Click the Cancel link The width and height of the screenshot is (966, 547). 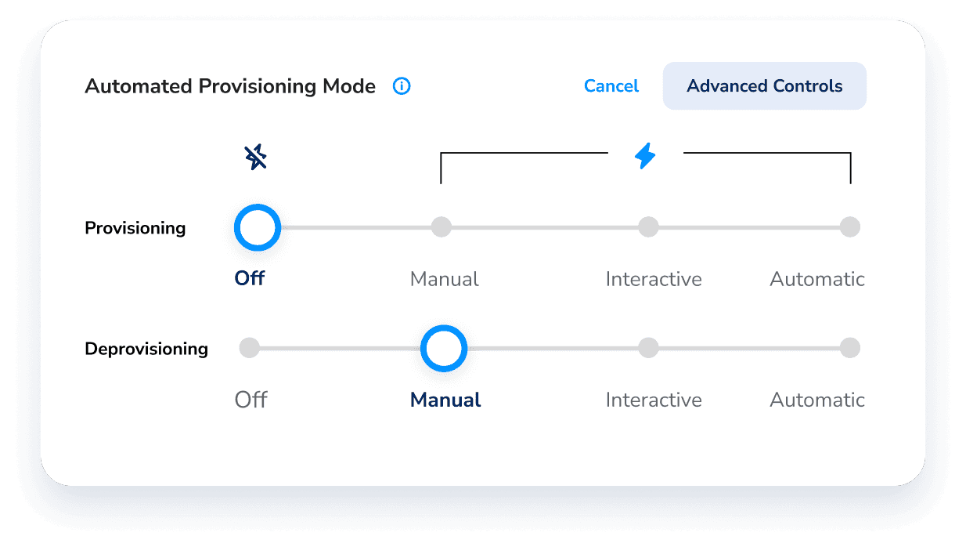coord(611,86)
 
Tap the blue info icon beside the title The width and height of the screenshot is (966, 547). coord(402,86)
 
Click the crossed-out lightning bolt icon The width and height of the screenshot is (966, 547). coord(256,157)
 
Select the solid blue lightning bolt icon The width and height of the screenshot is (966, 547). coord(645,156)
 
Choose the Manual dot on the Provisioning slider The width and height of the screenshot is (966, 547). coord(442,227)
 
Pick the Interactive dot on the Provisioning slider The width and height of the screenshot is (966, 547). coord(648,227)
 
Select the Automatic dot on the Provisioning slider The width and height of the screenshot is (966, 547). coord(850,227)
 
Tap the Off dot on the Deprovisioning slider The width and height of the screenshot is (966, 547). coord(249,348)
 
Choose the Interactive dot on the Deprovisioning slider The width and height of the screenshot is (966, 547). coord(648,348)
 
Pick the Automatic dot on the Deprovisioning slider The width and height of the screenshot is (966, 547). coord(850,348)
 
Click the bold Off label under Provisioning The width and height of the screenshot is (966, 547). coord(249,278)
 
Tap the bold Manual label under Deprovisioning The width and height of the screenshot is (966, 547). coord(445,400)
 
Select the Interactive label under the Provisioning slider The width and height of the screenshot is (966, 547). coord(654,279)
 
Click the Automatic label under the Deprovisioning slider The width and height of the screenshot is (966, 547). coord(817,400)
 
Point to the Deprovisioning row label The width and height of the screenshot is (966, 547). coord(146,349)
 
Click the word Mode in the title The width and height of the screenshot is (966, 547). coord(349,86)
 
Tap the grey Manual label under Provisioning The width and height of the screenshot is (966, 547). coord(444,279)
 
